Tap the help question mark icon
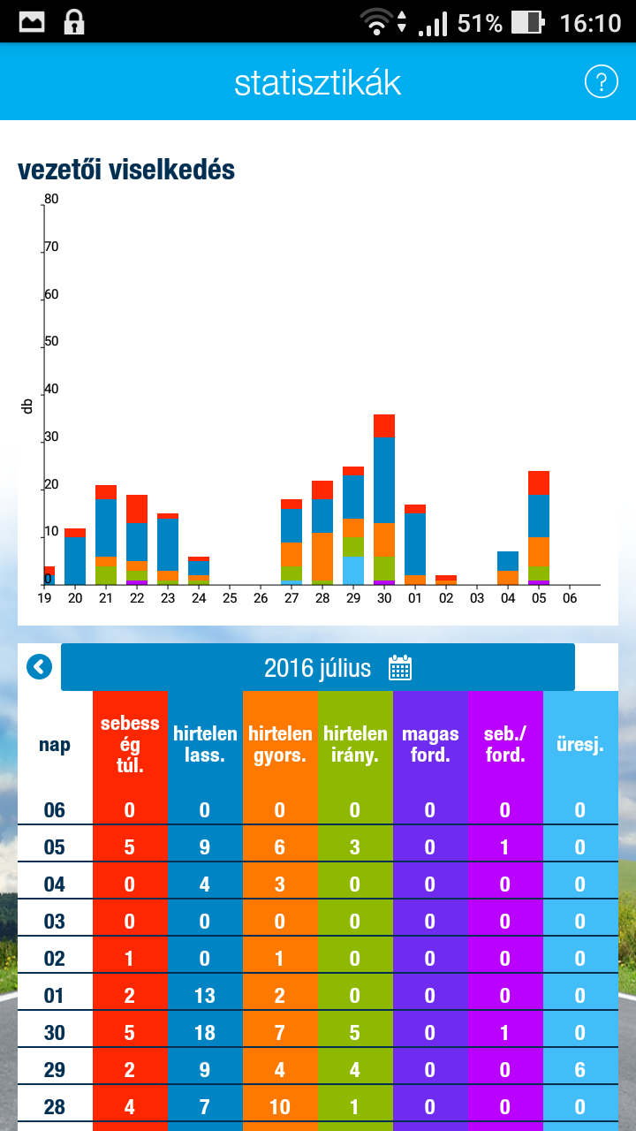point(601,82)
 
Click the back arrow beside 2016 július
point(40,667)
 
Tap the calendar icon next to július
point(400,668)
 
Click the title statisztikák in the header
point(318,83)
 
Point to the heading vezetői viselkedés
point(126,171)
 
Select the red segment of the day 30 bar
point(384,426)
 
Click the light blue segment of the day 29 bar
point(353,570)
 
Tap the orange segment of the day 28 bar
point(322,557)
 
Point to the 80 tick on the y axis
point(51,200)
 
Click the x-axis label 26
point(261,598)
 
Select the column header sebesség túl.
point(130,745)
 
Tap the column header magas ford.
point(430,745)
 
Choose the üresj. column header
point(580,745)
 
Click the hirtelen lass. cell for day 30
point(205,1033)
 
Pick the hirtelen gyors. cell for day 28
point(280,1107)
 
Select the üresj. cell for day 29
point(580,1070)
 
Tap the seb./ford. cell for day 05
point(505,847)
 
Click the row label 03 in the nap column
point(55,922)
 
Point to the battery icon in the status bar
point(526,22)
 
